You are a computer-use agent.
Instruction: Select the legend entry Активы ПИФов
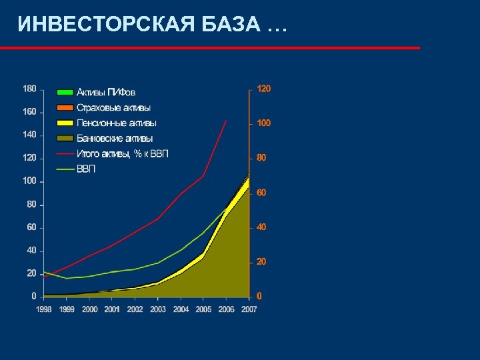click(105, 92)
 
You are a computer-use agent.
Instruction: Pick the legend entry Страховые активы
click(113, 107)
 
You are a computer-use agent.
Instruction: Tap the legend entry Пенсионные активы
click(117, 123)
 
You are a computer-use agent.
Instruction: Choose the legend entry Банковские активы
click(115, 138)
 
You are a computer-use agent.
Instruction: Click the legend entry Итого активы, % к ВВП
click(123, 153)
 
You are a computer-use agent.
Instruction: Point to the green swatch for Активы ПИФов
click(65, 92)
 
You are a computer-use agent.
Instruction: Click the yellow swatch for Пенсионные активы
click(65, 123)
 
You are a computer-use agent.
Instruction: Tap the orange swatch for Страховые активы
click(65, 107)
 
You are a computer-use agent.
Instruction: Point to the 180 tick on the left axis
click(29, 89)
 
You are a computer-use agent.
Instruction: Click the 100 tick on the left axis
click(29, 181)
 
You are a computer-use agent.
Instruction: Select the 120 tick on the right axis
click(265, 89)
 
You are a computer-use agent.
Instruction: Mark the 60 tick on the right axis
click(262, 193)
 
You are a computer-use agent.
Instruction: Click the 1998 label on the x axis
click(44, 309)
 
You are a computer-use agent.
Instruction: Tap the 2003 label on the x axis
click(158, 309)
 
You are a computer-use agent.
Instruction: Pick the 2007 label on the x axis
click(249, 309)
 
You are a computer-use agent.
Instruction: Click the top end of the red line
click(227, 121)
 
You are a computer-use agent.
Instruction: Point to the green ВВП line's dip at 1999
click(67, 278)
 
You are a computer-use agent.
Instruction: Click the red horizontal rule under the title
click(210, 48)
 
